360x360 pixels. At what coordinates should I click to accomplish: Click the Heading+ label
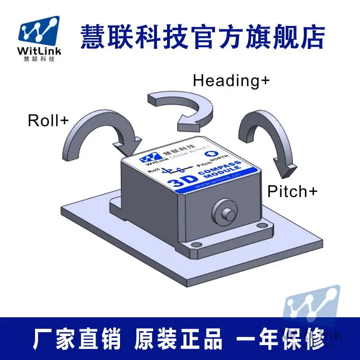click(231, 80)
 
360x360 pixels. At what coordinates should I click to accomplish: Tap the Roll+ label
click(48, 120)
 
